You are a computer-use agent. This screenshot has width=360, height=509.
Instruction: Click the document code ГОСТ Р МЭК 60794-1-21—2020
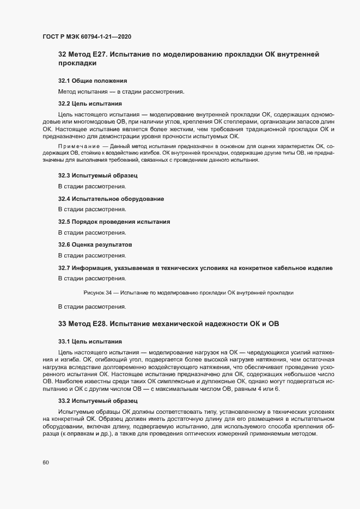[x=87, y=36]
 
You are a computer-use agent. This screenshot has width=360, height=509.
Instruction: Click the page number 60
[x=46, y=462]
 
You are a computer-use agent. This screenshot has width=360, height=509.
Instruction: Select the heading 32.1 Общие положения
[x=93, y=81]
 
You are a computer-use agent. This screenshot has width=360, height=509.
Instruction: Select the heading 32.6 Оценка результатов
[x=95, y=244]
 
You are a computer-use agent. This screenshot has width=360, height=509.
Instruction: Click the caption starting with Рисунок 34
[x=188, y=292]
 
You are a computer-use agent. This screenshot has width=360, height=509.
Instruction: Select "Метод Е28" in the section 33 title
[x=88, y=324]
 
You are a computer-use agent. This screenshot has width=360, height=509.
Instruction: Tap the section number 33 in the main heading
[x=62, y=324]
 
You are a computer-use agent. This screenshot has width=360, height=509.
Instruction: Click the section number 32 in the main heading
[x=62, y=54]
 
